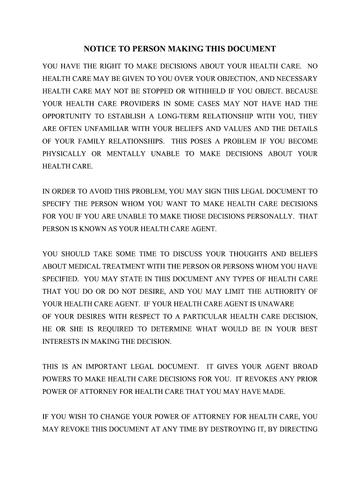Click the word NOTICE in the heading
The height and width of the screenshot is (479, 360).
[99, 49]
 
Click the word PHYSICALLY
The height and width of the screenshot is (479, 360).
[65, 153]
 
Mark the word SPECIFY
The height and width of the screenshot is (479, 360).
[56, 204]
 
